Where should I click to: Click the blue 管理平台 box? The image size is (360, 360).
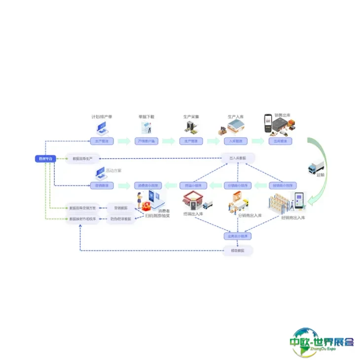44,158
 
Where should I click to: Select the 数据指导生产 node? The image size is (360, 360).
83,158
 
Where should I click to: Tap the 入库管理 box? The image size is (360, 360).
235,141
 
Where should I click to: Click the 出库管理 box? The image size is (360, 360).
280,141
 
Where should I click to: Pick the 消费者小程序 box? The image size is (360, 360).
146,185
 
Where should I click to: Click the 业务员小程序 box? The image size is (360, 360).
238,236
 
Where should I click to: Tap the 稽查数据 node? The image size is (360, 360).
238,251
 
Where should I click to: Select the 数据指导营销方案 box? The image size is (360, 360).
83,208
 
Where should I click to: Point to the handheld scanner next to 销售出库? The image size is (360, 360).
268,123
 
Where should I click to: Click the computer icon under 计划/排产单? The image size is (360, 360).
102,128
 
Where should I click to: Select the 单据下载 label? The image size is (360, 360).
146,117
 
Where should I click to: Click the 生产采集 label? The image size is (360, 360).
191,117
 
